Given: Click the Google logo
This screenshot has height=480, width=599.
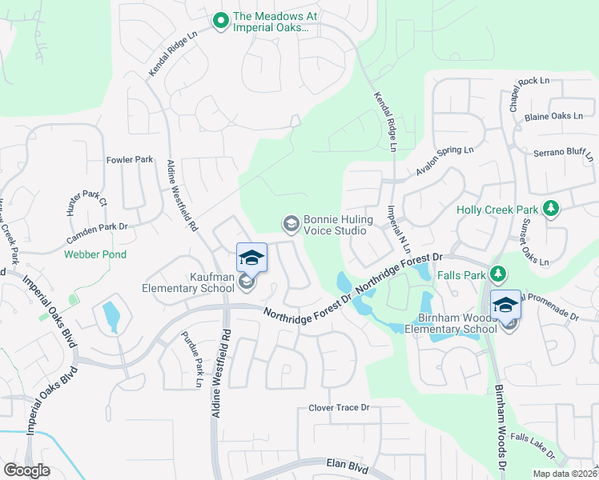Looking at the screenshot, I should [26, 470].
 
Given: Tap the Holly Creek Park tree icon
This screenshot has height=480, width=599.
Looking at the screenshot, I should [550, 210].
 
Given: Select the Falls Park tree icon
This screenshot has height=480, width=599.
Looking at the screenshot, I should [497, 274].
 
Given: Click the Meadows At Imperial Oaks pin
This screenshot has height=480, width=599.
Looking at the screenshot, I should [221, 21].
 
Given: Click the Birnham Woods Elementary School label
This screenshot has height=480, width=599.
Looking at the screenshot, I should [451, 323].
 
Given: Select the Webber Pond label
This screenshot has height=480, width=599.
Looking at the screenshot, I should [96, 255].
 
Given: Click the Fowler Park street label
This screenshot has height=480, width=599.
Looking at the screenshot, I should [130, 160].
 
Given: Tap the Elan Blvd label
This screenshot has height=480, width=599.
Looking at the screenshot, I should [347, 463].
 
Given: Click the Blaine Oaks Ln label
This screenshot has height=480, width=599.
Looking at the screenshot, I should [553, 116].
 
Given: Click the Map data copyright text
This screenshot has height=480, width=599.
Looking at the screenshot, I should [565, 474].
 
